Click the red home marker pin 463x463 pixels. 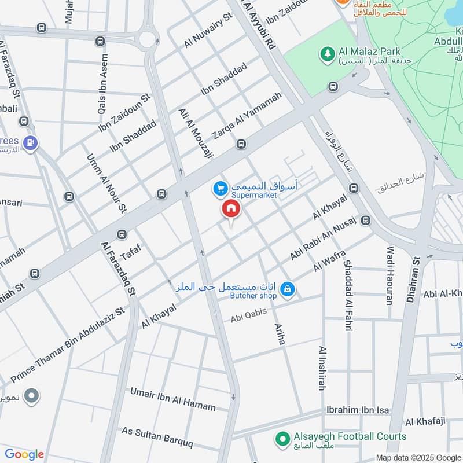click(230, 210)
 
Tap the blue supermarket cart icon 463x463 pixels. click(219, 188)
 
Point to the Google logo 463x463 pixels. click(24, 454)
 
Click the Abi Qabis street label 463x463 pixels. click(249, 315)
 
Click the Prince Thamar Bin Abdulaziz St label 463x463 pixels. click(68, 345)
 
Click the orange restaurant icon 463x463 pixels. click(343, 2)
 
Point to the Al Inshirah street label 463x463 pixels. click(322, 369)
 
